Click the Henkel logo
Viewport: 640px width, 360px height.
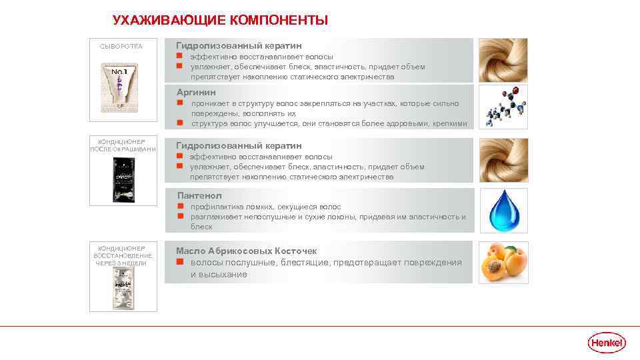(607, 343)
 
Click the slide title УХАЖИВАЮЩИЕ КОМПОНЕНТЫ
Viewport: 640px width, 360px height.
(220, 20)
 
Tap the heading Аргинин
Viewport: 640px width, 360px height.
(196, 92)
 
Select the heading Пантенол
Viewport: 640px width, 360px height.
(199, 195)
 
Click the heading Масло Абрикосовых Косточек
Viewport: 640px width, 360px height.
(246, 251)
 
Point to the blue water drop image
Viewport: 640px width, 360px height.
(503, 210)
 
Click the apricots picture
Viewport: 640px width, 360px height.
(503, 263)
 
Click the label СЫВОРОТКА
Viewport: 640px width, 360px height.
(121, 46)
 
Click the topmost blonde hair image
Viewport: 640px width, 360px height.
(503, 60)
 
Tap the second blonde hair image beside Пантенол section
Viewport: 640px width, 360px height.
(503, 160)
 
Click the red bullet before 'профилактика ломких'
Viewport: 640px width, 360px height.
(180, 207)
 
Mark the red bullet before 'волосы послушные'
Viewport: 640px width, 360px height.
(179, 263)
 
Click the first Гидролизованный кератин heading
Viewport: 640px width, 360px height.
(239, 45)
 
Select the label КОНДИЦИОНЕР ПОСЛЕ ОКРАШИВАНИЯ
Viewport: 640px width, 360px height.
(123, 145)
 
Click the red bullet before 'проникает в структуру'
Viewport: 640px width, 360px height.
(180, 103)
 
